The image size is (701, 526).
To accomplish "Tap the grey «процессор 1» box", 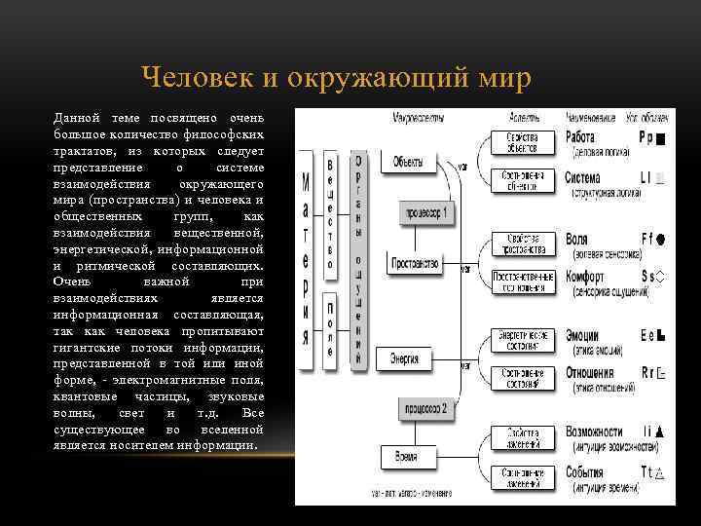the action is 425,211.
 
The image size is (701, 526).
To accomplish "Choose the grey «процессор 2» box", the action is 425,409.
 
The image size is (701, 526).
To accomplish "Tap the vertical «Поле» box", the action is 330,332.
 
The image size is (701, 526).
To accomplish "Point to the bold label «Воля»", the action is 578,238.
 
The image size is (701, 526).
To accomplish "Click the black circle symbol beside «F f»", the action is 660,238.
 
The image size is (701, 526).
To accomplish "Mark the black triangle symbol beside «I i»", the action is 660,431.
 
